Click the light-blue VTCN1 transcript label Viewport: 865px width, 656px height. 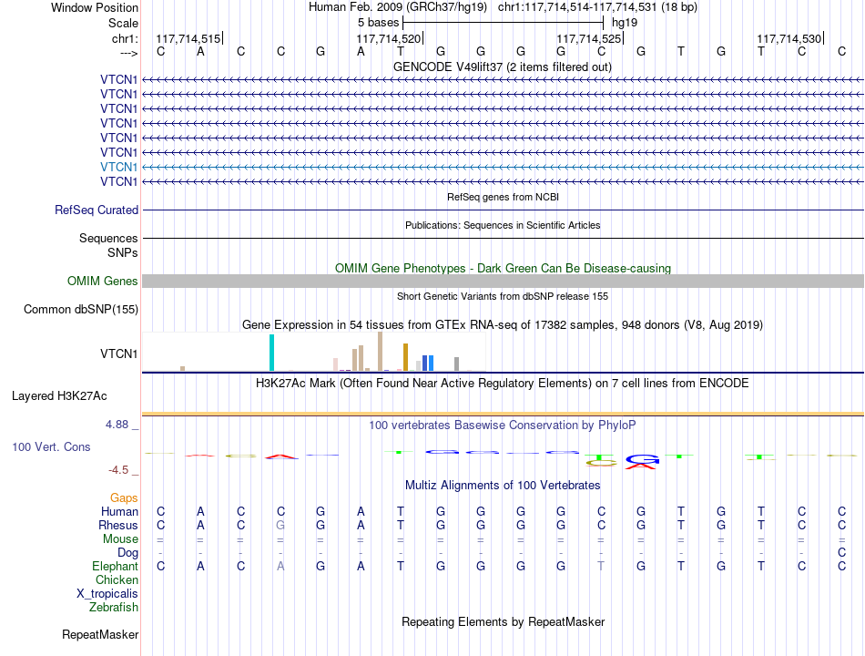tap(118, 167)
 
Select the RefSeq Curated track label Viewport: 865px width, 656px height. tap(97, 210)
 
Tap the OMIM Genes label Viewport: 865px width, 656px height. tap(103, 281)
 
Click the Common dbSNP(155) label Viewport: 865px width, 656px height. tap(81, 309)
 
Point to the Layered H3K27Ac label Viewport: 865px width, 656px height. tap(59, 396)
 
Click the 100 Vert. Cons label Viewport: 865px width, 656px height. tap(51, 446)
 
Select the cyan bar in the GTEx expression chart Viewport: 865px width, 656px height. tap(271, 353)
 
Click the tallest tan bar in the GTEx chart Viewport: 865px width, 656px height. tap(380, 351)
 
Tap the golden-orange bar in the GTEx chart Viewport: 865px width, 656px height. tap(405, 357)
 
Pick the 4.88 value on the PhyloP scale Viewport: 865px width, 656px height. tap(117, 424)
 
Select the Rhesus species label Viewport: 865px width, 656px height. tap(118, 525)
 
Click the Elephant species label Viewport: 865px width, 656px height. tap(116, 566)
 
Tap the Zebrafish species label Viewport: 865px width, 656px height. tap(114, 607)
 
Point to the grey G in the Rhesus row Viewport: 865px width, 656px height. tap(280, 525)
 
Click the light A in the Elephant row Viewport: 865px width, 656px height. tap(280, 566)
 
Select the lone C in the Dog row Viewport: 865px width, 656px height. tap(842, 552)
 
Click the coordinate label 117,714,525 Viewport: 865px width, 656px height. tap(588, 38)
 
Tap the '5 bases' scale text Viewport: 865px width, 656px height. tap(379, 23)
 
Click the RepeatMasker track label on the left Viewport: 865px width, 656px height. tap(100, 634)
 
